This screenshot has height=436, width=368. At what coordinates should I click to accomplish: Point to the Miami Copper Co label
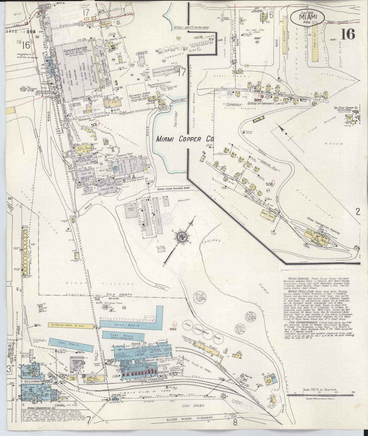[x=185, y=139]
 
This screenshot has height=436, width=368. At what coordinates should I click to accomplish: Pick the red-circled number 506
[x=270, y=184]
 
